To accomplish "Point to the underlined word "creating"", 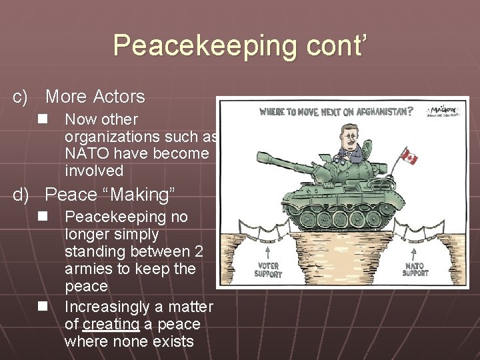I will (111, 325).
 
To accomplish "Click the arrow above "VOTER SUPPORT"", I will (267, 252).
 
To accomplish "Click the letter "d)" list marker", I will (21, 195).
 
